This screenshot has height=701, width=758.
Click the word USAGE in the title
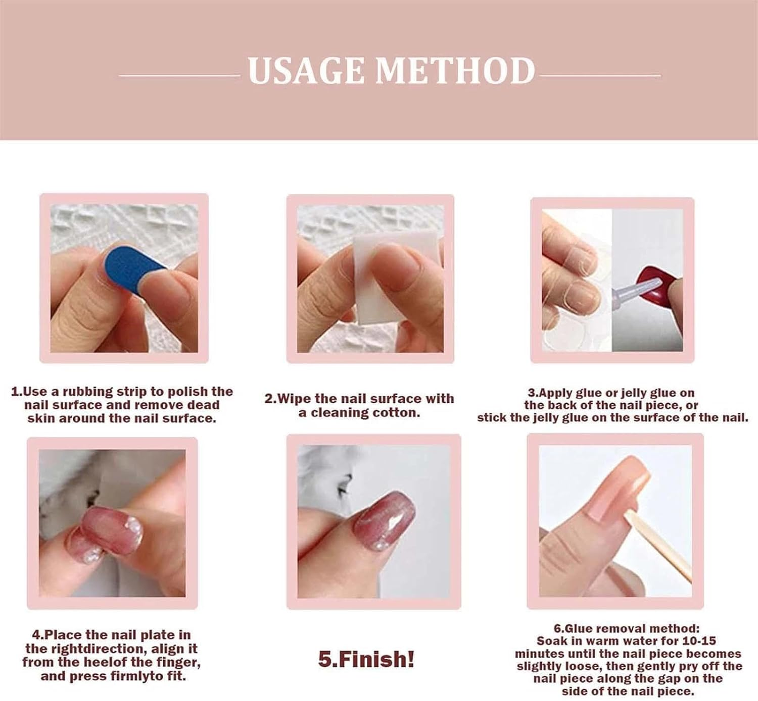click(x=306, y=71)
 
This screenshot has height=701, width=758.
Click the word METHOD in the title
click(x=455, y=71)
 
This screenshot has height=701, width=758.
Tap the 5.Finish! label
click(x=366, y=659)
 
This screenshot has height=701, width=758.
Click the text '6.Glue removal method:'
click(x=627, y=628)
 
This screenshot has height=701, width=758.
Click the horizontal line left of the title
click(x=179, y=76)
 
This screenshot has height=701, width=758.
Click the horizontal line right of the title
click(x=600, y=76)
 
